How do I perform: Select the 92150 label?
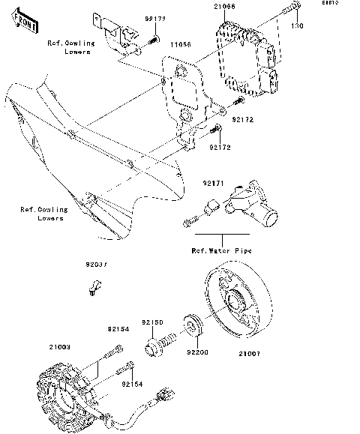(153, 322)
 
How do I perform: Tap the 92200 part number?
(197, 352)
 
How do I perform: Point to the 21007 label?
(251, 352)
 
